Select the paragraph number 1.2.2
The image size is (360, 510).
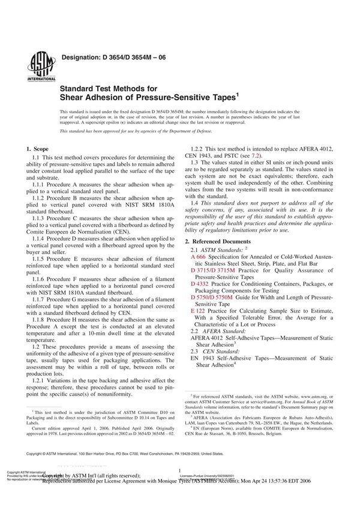pos(200,148)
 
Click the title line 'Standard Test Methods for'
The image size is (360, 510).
pos(107,85)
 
